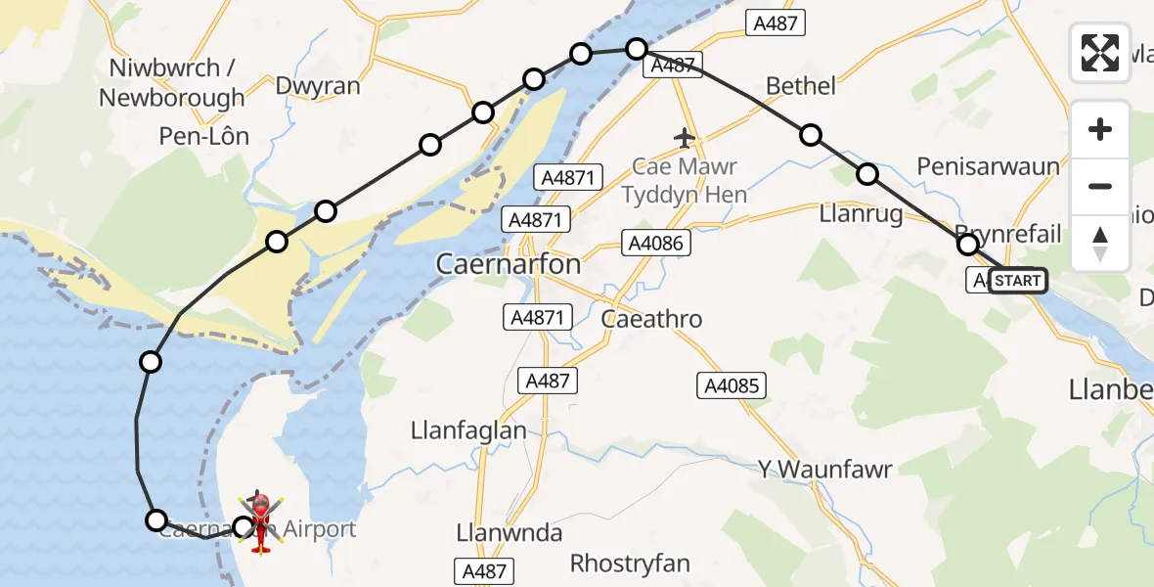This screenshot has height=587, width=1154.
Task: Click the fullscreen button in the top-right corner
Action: tap(1100, 52)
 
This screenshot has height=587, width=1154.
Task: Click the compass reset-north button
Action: tap(1100, 244)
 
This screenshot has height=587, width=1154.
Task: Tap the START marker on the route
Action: tap(1018, 281)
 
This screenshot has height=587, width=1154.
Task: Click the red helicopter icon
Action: tap(260, 521)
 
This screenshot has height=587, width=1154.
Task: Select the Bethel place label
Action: tap(801, 86)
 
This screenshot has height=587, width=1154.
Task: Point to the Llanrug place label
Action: tap(862, 215)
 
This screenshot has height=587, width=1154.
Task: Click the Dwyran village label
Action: tap(318, 86)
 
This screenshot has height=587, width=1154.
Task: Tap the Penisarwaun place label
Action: tap(988, 166)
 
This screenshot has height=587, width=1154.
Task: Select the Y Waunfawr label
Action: tap(825, 470)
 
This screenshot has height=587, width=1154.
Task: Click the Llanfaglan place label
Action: tap(468, 429)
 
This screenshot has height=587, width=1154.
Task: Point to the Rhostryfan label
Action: tap(630, 564)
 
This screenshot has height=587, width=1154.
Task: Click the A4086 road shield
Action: tap(657, 244)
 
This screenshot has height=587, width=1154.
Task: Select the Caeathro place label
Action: tap(651, 319)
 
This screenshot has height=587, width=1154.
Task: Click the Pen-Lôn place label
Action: tap(204, 136)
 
